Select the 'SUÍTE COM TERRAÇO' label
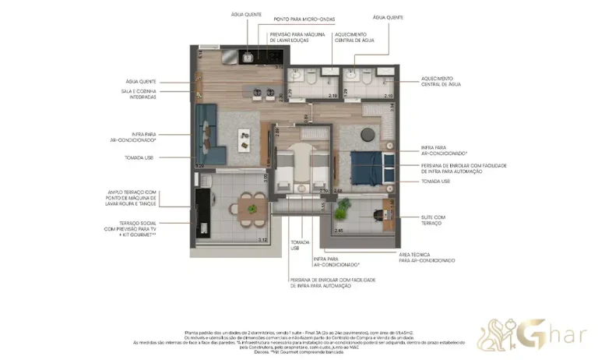click(433, 220)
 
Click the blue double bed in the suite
click(366, 166)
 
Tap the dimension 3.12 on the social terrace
click(262, 239)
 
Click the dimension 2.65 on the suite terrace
click(338, 231)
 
